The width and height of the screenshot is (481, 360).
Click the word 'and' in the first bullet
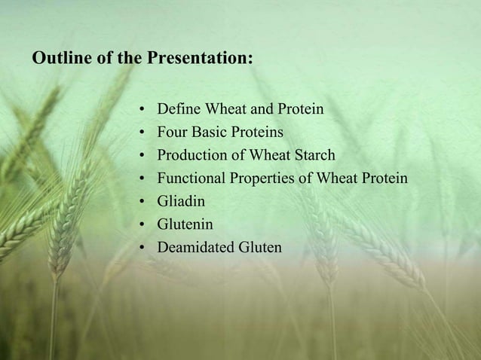(252, 110)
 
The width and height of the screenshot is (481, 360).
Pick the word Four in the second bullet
(170, 133)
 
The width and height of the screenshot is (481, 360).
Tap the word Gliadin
(180, 202)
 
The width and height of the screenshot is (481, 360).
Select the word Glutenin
(185, 224)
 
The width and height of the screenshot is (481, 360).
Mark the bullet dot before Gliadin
(142, 202)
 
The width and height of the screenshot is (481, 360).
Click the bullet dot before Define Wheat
(142, 111)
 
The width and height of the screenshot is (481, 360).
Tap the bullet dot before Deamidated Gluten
(142, 248)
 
